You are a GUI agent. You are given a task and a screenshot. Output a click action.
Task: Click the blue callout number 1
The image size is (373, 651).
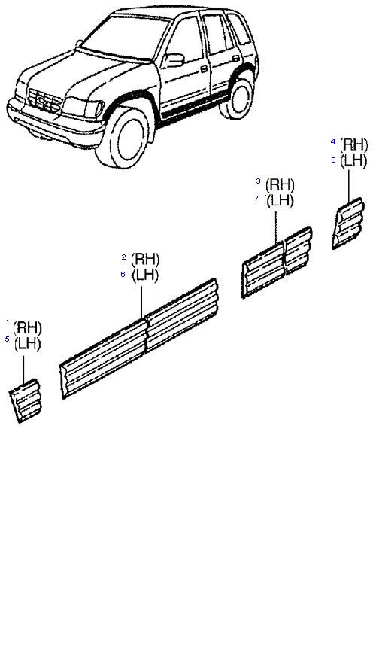(8, 322)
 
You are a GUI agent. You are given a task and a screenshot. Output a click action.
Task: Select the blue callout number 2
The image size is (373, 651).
(123, 257)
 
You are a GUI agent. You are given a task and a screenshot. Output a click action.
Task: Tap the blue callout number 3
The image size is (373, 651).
(258, 181)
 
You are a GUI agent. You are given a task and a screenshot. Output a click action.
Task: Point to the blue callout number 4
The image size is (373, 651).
(332, 142)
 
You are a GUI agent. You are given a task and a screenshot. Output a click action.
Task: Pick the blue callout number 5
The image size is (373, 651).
(7, 339)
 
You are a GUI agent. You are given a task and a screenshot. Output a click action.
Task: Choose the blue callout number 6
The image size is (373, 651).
(123, 275)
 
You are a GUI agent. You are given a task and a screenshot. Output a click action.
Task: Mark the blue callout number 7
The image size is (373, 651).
(257, 199)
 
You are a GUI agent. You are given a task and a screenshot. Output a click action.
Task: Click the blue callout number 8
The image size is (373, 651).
(333, 160)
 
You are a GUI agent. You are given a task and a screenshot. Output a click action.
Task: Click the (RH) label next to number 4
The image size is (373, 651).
(354, 145)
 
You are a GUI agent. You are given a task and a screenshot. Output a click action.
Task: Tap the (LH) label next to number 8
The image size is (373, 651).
(353, 161)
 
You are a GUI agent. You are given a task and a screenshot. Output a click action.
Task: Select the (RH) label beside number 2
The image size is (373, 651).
(145, 260)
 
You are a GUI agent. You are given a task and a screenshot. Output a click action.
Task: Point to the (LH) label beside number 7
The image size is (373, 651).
(280, 202)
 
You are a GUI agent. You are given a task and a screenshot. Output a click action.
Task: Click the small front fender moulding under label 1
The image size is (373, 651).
(25, 400)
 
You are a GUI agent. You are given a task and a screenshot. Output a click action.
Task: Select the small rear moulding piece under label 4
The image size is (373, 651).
(347, 224)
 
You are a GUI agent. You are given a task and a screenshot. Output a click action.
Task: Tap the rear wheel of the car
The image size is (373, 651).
(236, 98)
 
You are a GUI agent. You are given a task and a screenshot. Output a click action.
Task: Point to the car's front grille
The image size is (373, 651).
(44, 101)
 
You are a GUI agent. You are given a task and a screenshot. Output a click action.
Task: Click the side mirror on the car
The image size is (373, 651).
(174, 59)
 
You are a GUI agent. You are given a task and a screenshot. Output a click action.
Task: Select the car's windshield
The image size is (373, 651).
(125, 36)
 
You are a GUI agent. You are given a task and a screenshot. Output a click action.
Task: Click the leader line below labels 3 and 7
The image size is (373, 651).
(276, 227)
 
